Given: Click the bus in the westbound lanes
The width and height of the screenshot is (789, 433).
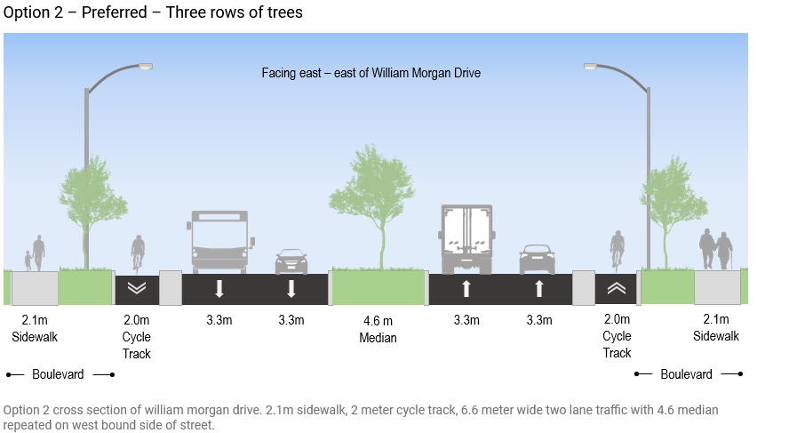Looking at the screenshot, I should tap(219, 240).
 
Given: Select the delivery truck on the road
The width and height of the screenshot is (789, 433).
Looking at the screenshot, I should tap(466, 238).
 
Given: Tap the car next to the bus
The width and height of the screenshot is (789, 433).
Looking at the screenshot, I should tap(291, 261).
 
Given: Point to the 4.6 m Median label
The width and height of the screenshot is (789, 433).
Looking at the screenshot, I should tap(378, 328).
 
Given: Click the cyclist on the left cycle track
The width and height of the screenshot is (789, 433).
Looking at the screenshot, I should tap(138, 252).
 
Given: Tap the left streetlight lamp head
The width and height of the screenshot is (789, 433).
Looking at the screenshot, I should tap(145, 66).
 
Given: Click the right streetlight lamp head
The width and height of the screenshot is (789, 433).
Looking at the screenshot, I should tap(592, 66).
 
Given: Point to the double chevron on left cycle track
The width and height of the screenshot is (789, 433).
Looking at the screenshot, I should tap(137, 288).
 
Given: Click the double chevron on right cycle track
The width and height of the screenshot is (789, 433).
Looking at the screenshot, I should tap(617, 288).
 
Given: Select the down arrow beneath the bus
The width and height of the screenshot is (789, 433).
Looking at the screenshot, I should tap(219, 289).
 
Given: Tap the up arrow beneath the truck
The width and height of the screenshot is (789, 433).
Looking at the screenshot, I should tap(466, 289).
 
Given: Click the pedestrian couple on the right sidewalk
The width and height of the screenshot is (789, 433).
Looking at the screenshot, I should tap(715, 250).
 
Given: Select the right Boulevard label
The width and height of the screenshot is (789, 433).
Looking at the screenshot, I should tap(686, 374).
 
